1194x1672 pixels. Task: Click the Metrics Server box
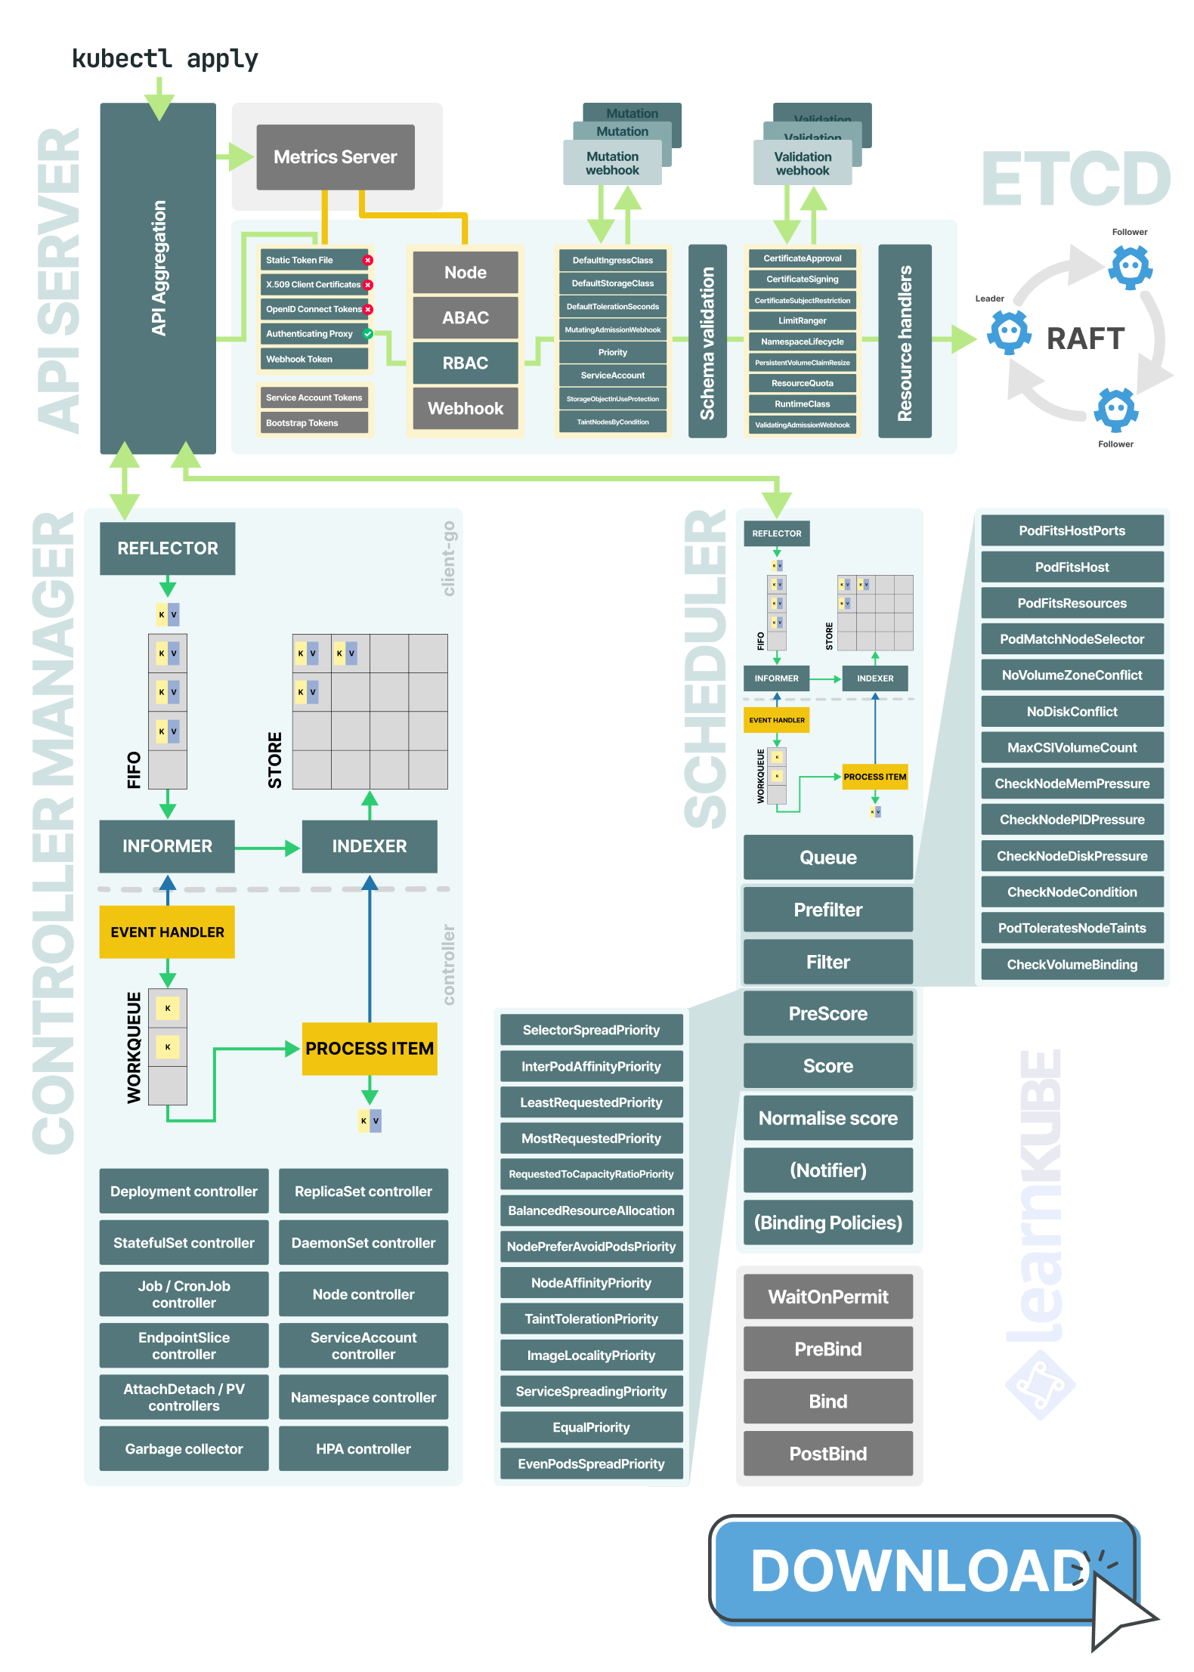(335, 157)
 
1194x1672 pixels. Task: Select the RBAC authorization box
(465, 363)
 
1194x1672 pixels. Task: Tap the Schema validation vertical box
(707, 342)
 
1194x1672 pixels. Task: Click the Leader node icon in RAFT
(1010, 332)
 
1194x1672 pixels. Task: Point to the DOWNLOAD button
(922, 1570)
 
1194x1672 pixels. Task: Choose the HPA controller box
(363, 1449)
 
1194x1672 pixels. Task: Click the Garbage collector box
(184, 1449)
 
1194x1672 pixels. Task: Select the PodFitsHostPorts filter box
(1072, 531)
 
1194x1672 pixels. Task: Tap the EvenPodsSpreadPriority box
(591, 1464)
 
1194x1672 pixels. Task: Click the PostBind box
(827, 1454)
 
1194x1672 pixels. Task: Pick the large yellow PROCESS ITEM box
(370, 1049)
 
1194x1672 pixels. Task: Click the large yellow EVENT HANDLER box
(167, 932)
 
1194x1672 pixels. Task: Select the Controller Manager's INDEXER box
(370, 846)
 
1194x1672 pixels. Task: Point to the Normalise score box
(827, 1118)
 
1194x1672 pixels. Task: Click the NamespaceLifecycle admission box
(802, 342)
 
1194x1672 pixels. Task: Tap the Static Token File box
(311, 260)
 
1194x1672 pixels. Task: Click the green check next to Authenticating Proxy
(368, 333)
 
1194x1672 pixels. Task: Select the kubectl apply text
(165, 59)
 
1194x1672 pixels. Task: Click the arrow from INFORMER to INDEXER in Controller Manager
(268, 848)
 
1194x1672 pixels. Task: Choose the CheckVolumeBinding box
(1072, 965)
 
